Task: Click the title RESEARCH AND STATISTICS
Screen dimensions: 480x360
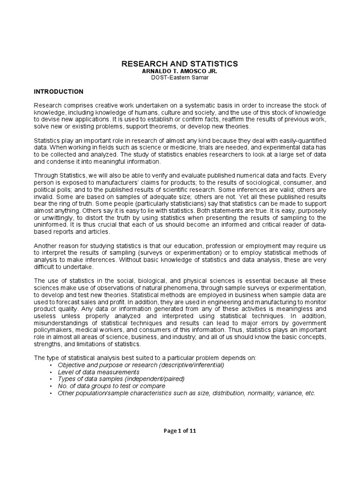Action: (x=180, y=63)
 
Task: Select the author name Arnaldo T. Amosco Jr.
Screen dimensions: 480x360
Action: (x=180, y=71)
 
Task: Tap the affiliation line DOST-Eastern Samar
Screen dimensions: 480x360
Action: (x=180, y=77)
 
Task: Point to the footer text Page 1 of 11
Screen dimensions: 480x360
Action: (x=180, y=432)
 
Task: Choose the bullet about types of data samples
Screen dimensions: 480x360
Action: (x=121, y=379)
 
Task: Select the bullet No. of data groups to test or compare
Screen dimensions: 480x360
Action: (x=112, y=386)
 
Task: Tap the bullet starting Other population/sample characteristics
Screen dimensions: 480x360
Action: (x=187, y=393)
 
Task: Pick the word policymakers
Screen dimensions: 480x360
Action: (x=53, y=330)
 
